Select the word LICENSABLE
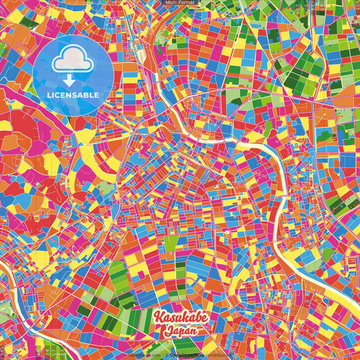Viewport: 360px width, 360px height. (74, 94)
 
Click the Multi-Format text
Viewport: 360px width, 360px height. (180, 3)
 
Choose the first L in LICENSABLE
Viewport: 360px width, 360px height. (50, 94)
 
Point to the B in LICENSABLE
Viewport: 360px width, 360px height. (88, 94)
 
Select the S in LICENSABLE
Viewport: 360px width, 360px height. (74, 94)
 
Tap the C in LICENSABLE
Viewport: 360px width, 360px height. (59, 94)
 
